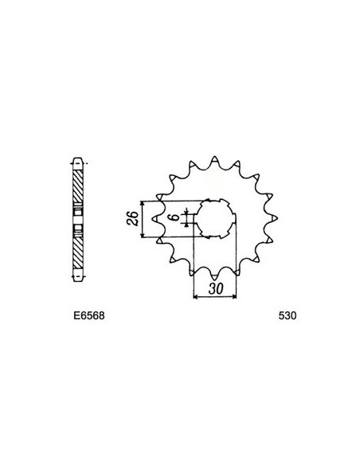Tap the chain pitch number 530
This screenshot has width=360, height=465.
pyautogui.click(x=288, y=314)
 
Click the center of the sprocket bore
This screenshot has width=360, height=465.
pyautogui.click(x=216, y=217)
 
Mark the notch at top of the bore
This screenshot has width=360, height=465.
pyautogui.click(x=216, y=197)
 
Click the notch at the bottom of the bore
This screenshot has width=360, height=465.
pyautogui.click(x=216, y=238)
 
